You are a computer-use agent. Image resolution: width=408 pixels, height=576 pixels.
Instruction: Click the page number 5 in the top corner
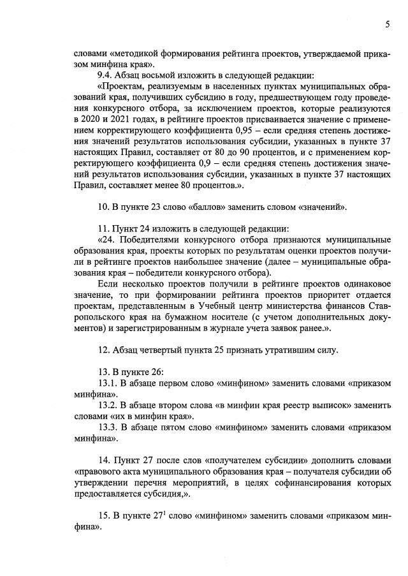[387, 25]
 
